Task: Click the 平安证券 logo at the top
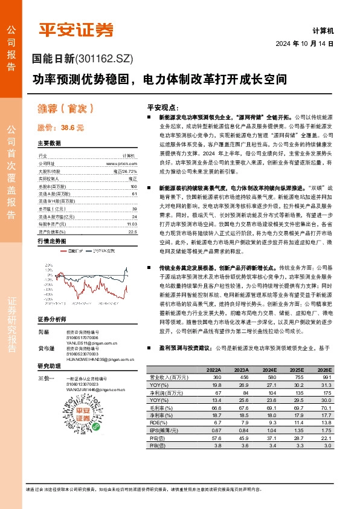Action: tap(76, 30)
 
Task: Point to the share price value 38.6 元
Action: tap(72, 128)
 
